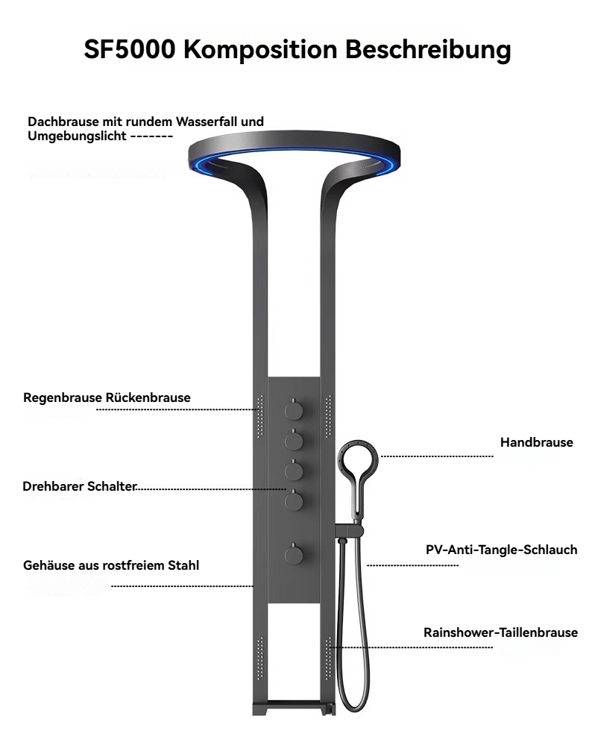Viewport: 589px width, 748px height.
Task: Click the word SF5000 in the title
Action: (x=130, y=48)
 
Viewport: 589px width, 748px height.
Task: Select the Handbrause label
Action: (x=537, y=442)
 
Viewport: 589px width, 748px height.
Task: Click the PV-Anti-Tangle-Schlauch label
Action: (x=501, y=550)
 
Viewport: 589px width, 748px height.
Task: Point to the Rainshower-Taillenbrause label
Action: (x=500, y=632)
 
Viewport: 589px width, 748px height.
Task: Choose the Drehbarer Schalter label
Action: (x=80, y=486)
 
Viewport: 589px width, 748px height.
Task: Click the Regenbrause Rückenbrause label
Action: (x=107, y=397)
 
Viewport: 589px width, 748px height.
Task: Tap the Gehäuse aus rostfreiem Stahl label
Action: (x=111, y=565)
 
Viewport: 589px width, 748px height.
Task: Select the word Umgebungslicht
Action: (x=77, y=136)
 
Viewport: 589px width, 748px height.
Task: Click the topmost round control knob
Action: (x=294, y=409)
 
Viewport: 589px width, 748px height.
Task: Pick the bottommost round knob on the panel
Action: (x=294, y=555)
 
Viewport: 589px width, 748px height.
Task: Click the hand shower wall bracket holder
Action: (x=350, y=530)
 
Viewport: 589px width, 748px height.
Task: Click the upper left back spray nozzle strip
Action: (x=260, y=416)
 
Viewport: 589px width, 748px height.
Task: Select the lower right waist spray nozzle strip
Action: (x=328, y=659)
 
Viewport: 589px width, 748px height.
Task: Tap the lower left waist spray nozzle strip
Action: (x=260, y=659)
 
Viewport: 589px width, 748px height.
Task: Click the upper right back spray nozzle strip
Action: (x=328, y=416)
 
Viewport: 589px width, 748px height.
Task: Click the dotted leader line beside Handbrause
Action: (x=437, y=456)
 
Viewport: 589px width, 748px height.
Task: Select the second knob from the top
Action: (x=294, y=440)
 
